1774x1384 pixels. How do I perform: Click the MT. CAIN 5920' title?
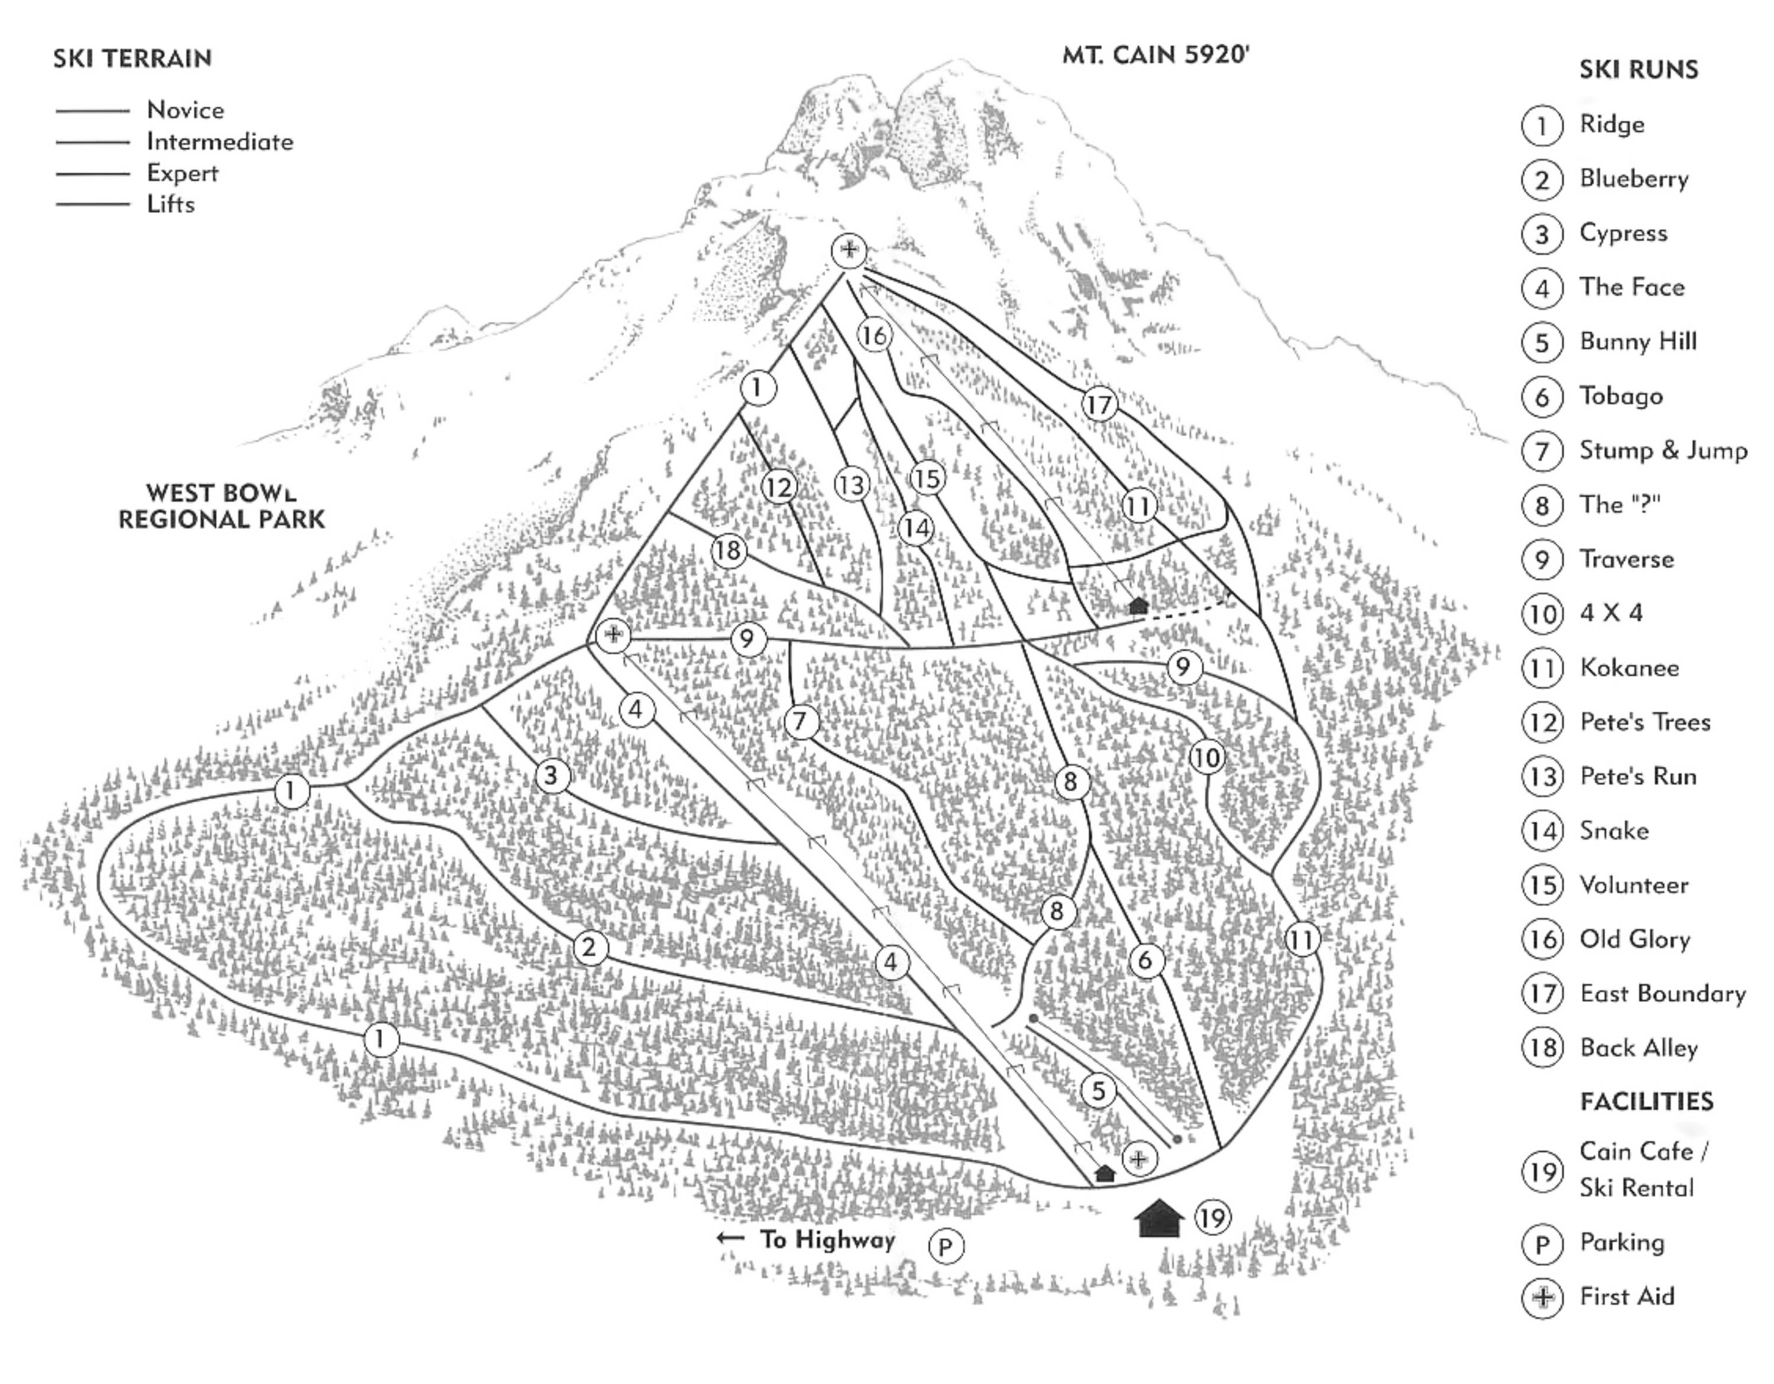[x=1155, y=55]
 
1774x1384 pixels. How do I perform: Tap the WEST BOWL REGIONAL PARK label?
[x=222, y=506]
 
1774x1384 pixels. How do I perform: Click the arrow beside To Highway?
[x=730, y=1238]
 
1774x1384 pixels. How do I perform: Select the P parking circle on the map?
[x=946, y=1247]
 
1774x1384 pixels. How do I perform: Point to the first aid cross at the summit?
[x=849, y=249]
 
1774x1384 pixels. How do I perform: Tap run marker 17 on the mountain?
[x=1099, y=404]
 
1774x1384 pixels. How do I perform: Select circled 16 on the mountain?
[x=874, y=335]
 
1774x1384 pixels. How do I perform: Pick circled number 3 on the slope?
[x=551, y=775]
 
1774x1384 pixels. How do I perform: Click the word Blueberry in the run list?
[x=1633, y=179]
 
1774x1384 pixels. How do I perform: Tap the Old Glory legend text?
[x=1634, y=939]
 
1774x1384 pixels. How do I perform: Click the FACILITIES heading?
[x=1646, y=1101]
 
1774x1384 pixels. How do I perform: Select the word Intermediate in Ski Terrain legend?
[x=219, y=142]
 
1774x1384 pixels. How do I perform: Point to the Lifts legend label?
[x=170, y=204]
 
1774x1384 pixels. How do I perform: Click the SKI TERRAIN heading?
[x=132, y=59]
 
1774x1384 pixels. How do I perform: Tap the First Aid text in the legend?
[x=1626, y=1297]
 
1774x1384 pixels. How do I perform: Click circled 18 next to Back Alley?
[x=1542, y=1048]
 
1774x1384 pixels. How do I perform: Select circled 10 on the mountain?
[x=1206, y=758]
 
